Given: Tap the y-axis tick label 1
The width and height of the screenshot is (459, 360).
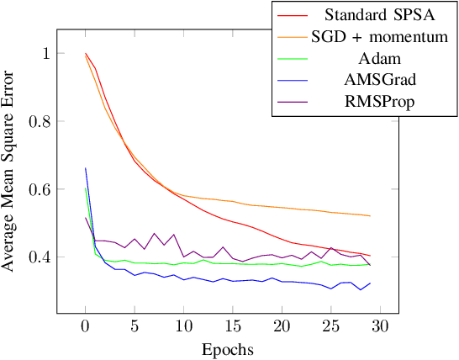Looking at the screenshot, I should (x=44, y=54).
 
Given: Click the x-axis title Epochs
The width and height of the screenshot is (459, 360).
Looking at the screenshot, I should (x=229, y=348).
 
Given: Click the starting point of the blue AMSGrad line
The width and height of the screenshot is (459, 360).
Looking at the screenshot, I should (x=85, y=168).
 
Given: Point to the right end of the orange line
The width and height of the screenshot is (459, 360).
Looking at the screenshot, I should (x=371, y=216).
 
